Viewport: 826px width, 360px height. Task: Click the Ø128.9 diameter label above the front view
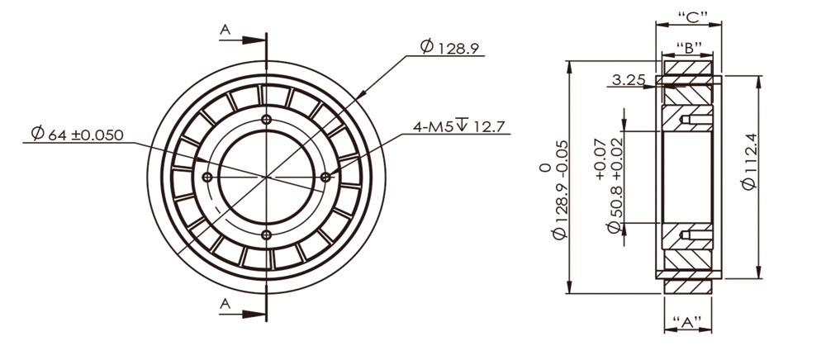click(449, 48)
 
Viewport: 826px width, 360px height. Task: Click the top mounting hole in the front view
click(266, 121)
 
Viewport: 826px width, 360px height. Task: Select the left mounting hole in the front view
click(207, 177)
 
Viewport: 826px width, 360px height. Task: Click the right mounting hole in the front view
click(325, 177)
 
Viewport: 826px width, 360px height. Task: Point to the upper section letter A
click(225, 30)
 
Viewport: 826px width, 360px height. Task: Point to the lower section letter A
click(225, 304)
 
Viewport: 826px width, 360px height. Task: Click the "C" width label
click(688, 17)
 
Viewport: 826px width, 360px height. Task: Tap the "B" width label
click(688, 46)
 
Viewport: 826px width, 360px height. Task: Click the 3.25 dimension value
click(629, 79)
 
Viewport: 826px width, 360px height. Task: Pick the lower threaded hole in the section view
click(686, 234)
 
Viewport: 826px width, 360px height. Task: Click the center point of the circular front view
click(266, 177)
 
